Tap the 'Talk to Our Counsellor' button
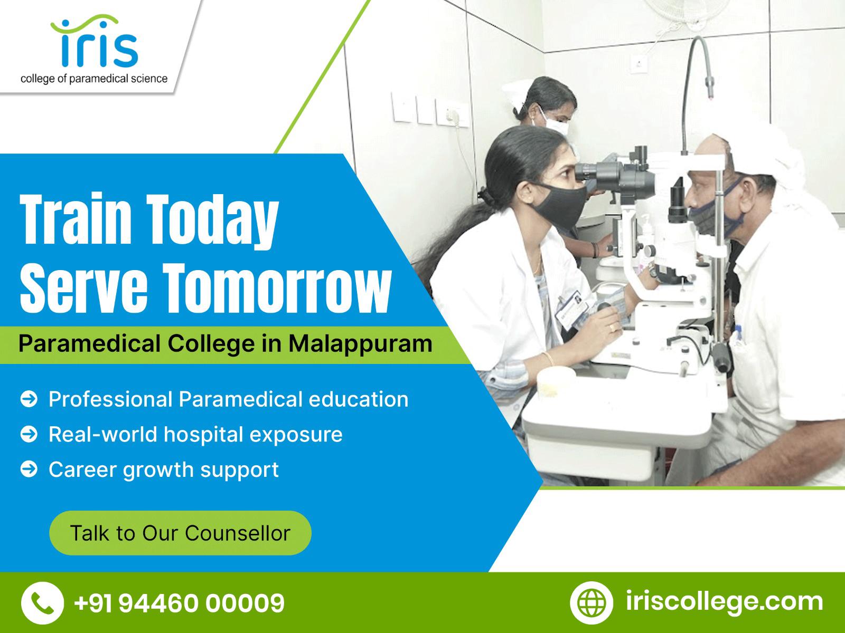tap(180, 533)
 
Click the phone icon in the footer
tap(42, 602)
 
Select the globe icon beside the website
tap(591, 602)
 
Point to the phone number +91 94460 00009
tap(180, 602)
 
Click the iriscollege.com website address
tap(724, 602)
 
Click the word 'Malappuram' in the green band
tap(360, 343)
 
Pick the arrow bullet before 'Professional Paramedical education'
tap(29, 399)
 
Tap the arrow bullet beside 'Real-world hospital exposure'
tap(29, 434)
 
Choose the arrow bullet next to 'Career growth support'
tap(29, 469)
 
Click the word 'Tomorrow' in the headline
tap(277, 288)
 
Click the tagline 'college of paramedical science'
tap(94, 79)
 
